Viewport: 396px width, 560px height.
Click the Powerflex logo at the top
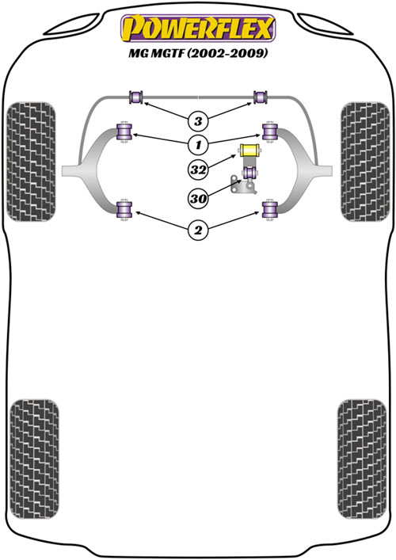[x=198, y=29]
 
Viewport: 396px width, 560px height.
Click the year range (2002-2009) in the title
[x=227, y=54]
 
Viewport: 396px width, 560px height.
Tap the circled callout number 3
[x=198, y=121]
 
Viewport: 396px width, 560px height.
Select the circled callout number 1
[x=198, y=145]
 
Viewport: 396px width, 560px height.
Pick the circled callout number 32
[x=198, y=170]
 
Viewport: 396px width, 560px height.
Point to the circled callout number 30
[x=198, y=198]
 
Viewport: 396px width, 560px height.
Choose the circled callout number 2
[x=198, y=230]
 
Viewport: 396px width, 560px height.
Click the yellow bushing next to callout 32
[x=250, y=150]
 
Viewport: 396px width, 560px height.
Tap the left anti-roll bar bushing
[x=135, y=97]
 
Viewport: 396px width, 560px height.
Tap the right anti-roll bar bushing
[x=261, y=97]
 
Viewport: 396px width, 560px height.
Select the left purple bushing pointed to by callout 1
[x=124, y=131]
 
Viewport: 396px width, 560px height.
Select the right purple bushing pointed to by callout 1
[x=270, y=131]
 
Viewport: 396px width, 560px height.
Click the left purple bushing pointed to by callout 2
[x=124, y=210]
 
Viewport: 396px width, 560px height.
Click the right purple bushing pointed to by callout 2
[x=270, y=210]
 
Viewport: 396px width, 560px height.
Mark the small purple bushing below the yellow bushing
[x=250, y=173]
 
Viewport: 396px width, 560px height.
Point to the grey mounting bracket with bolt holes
[x=243, y=185]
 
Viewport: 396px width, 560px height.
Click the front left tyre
[x=32, y=162]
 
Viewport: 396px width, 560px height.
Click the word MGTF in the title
[x=168, y=54]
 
